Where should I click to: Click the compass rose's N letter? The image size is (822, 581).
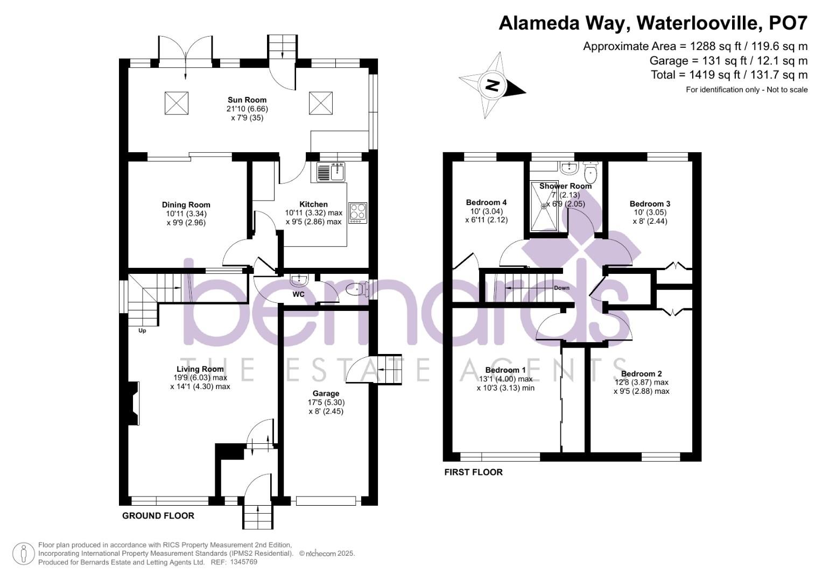(x=491, y=86)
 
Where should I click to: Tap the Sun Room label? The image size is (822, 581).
(x=247, y=100)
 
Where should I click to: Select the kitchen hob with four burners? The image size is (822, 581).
(x=357, y=212)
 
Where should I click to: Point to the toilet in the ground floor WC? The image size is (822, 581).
(x=356, y=290)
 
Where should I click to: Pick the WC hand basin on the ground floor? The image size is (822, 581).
(x=298, y=280)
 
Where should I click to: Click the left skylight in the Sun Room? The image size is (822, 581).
(x=176, y=103)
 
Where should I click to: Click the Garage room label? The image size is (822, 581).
(x=326, y=393)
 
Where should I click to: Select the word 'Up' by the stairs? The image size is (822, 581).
(x=142, y=331)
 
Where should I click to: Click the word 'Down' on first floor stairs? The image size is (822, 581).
(x=561, y=288)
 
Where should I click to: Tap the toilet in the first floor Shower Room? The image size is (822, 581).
(x=591, y=172)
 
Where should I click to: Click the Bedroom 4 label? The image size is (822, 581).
(x=486, y=202)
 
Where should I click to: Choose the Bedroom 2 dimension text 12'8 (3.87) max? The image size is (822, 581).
(x=641, y=382)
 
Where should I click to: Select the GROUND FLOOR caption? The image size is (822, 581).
(x=158, y=515)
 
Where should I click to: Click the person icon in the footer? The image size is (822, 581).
(x=23, y=554)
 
